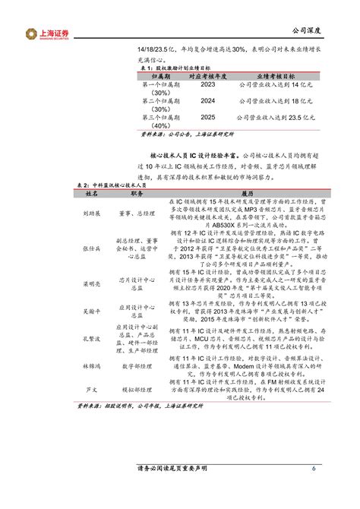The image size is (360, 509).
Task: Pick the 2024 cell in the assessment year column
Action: point(207,100)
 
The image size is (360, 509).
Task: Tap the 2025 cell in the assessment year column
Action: point(207,118)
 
